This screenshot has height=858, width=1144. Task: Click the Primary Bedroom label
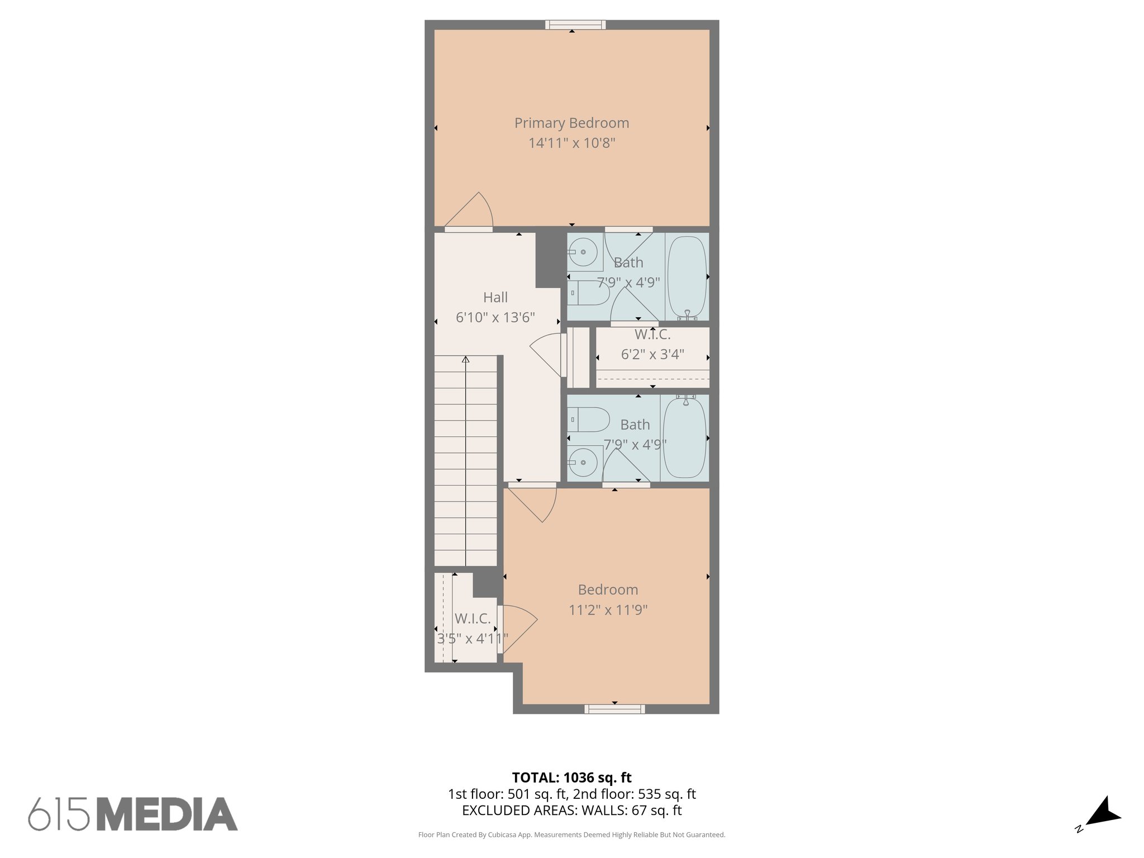pyautogui.click(x=571, y=123)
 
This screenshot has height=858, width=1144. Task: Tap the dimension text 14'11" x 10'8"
pyautogui.click(x=571, y=143)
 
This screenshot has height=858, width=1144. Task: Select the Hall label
pyautogui.click(x=495, y=297)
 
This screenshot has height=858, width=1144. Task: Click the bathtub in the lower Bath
pyautogui.click(x=684, y=437)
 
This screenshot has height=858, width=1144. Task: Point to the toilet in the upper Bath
pyautogui.click(x=591, y=293)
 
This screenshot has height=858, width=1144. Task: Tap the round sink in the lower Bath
pyautogui.click(x=583, y=463)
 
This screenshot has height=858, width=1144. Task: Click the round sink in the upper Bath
pyautogui.click(x=584, y=252)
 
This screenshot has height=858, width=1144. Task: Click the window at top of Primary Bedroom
pyautogui.click(x=575, y=25)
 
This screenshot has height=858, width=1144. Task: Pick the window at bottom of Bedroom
pyautogui.click(x=614, y=709)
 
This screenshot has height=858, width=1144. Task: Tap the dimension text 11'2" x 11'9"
pyautogui.click(x=608, y=609)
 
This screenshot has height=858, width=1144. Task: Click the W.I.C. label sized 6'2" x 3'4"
pyautogui.click(x=652, y=335)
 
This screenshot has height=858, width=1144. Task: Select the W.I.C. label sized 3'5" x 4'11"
pyautogui.click(x=473, y=618)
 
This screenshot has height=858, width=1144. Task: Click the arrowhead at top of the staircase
pyautogui.click(x=465, y=360)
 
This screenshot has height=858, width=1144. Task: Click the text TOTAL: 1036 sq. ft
pyautogui.click(x=571, y=777)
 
